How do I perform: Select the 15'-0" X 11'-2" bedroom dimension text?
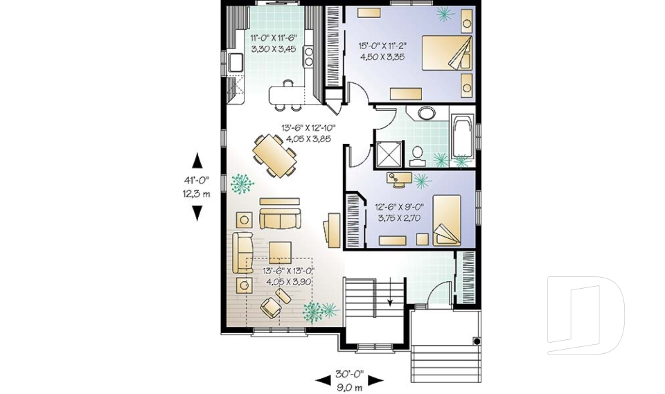pos(382,46)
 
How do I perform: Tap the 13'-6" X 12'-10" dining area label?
pos(308,128)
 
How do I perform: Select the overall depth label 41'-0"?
pos(197,181)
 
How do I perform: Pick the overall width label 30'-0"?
pos(349,374)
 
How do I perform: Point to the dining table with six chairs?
pos(274,156)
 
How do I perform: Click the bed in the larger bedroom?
pos(445,53)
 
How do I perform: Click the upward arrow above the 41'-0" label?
pos(197,161)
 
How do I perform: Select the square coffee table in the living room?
pos(281,250)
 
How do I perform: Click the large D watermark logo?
pos(585,315)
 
